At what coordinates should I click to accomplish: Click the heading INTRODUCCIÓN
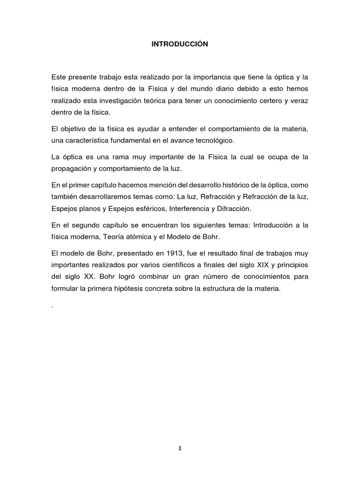180,44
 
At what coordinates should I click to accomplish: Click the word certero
273,101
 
